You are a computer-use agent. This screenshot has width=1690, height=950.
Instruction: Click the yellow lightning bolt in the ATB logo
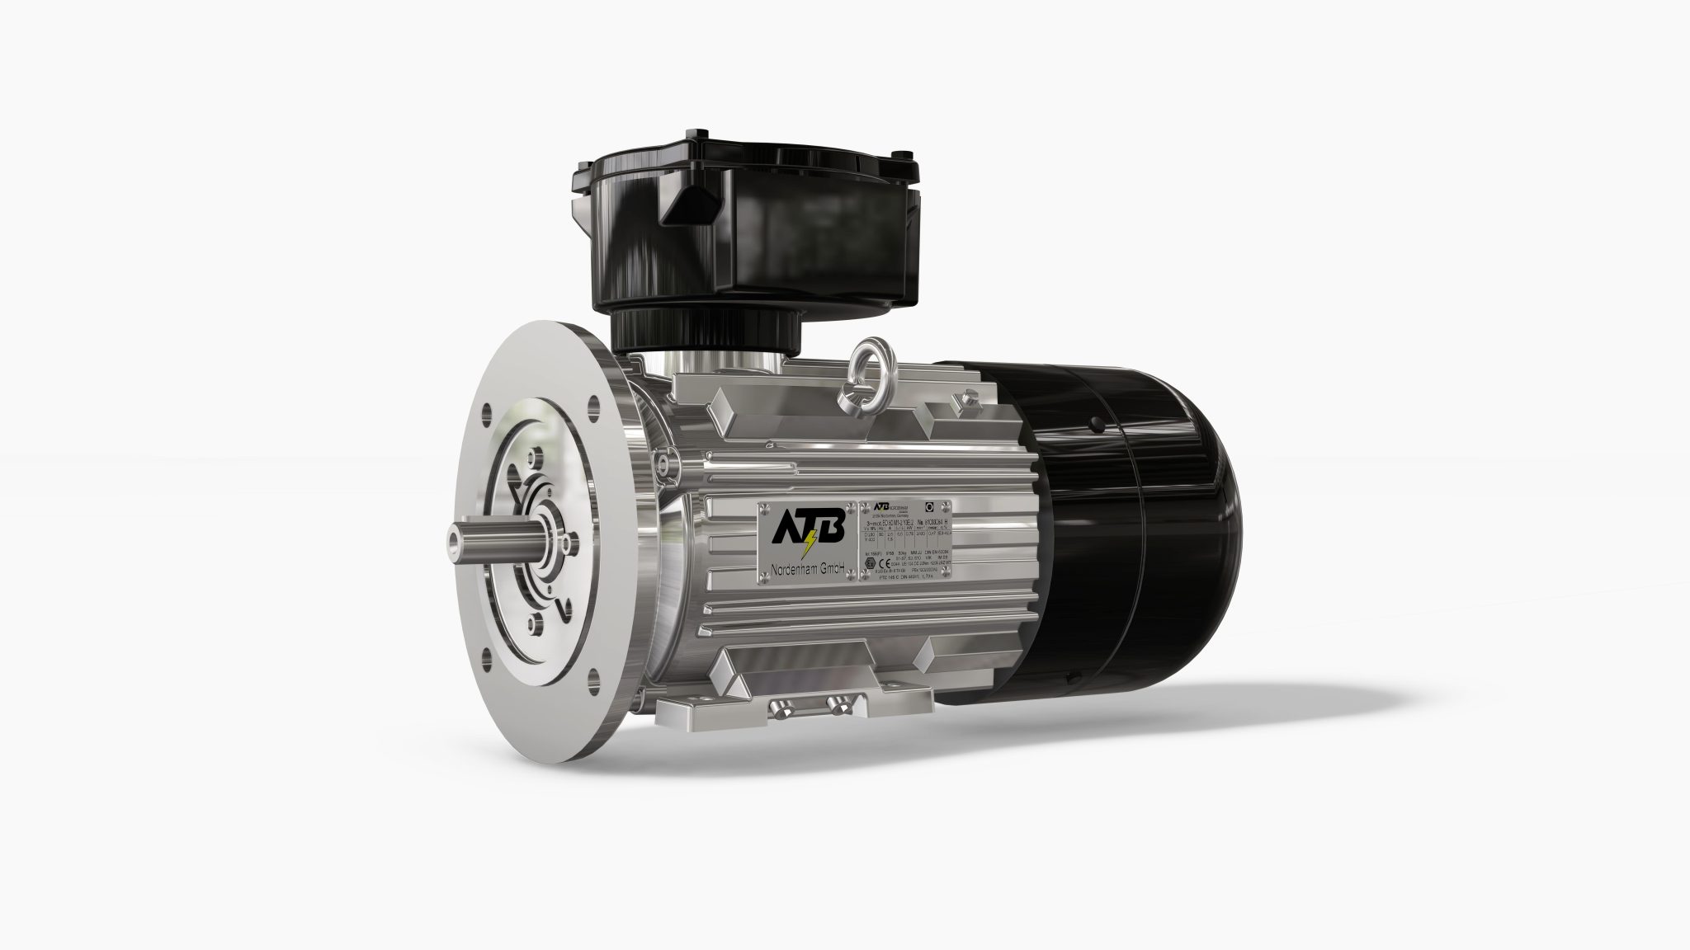[x=810, y=544]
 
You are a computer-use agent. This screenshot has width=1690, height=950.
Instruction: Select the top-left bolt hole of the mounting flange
[x=490, y=410]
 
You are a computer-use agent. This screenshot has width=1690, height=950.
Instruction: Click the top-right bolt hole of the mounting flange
[x=592, y=403]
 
